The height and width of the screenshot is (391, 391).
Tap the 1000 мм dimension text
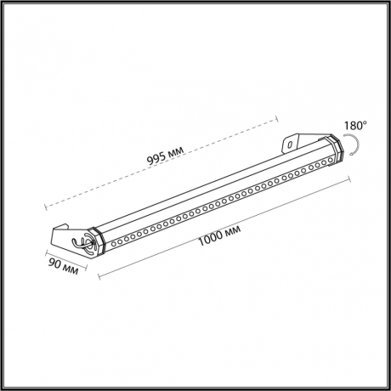(x=219, y=231)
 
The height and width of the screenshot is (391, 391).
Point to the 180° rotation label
(x=355, y=127)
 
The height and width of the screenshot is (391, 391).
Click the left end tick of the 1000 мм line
(x=100, y=276)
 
